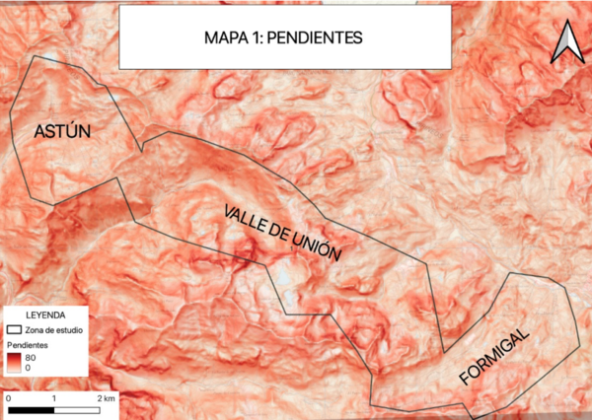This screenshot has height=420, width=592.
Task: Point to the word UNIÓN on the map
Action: [x=313, y=245]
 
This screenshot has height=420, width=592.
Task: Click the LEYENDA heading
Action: [x=45, y=315]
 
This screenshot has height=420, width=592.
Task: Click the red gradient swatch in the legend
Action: [x=15, y=362]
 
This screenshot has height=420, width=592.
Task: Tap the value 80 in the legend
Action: [x=34, y=357]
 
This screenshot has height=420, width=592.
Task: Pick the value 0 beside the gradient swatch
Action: [x=31, y=368]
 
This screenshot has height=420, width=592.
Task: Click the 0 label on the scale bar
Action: [x=8, y=395]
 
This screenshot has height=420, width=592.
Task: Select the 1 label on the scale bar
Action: [x=54, y=395]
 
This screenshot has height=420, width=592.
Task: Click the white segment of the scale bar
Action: [x=78, y=406]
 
